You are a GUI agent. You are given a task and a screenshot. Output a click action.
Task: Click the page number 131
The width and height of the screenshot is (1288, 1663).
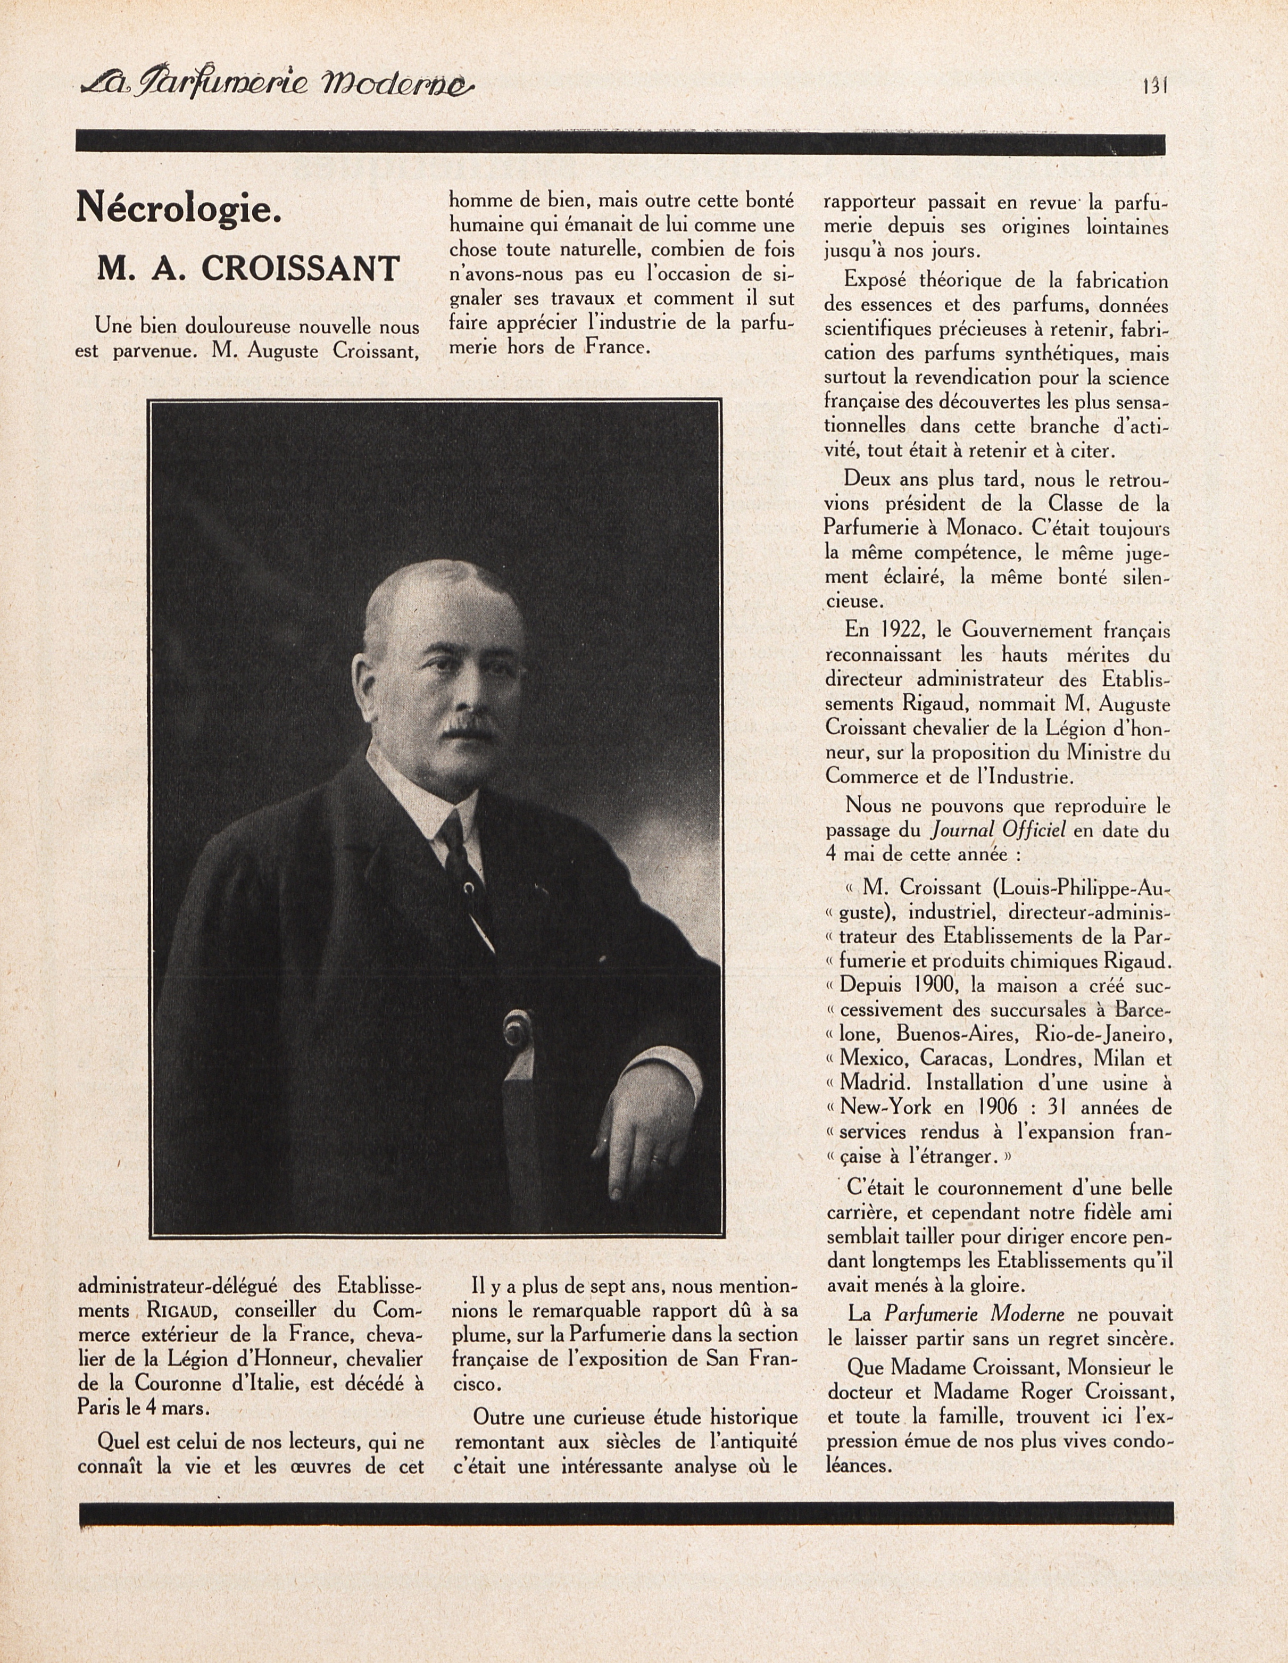(x=1154, y=85)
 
